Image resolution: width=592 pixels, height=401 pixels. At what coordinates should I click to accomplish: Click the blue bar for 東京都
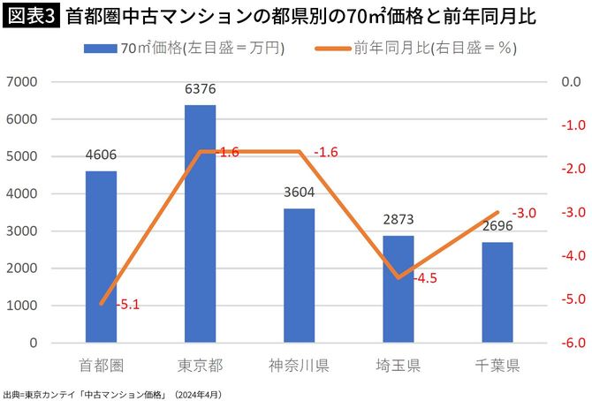200,224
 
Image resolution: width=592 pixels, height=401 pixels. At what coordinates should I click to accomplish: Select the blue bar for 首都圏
101,256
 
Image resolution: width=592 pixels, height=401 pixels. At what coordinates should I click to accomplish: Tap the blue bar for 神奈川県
299,275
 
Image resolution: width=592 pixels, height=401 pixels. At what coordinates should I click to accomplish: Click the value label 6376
200,90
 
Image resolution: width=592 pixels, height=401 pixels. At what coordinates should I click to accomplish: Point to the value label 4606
101,156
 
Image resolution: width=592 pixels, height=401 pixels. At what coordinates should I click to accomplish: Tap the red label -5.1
128,305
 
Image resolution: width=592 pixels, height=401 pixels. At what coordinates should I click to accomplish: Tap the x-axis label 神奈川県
299,365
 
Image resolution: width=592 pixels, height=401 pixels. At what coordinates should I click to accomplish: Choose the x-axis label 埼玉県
398,365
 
